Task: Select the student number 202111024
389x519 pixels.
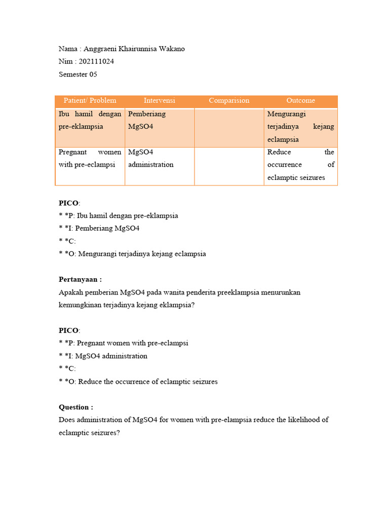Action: click(x=96, y=62)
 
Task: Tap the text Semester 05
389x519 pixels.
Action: click(x=78, y=75)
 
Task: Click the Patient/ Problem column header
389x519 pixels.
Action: click(x=90, y=101)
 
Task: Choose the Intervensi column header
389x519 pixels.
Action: click(x=159, y=101)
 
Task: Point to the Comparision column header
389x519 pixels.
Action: click(x=229, y=101)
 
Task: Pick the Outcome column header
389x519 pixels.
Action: click(x=300, y=101)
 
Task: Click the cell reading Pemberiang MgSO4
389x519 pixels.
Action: click(x=147, y=120)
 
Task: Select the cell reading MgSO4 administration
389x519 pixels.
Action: click(x=151, y=158)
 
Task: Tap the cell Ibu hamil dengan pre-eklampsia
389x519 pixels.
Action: click(x=90, y=120)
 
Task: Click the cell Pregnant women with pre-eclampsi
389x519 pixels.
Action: click(x=90, y=158)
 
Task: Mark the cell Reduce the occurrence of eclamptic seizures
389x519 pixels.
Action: click(x=300, y=165)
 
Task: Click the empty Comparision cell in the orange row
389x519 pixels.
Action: click(x=229, y=127)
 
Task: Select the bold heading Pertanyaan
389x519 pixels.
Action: click(x=80, y=279)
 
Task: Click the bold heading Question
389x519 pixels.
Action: click(x=76, y=407)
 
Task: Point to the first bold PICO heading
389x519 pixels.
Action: click(x=69, y=203)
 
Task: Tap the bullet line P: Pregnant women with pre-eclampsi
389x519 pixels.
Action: click(x=124, y=343)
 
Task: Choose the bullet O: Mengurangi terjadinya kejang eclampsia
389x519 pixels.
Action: click(x=132, y=254)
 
